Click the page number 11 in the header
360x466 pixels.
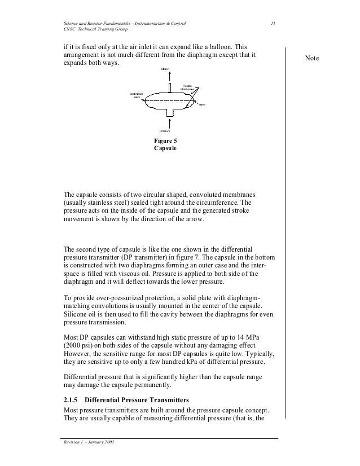273,23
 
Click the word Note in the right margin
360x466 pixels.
311,59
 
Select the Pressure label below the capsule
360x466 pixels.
165,130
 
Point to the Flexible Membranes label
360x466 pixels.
187,87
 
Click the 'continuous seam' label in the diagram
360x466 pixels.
137,95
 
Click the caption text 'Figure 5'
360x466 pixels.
165,140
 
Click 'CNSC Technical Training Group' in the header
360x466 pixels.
95,29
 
